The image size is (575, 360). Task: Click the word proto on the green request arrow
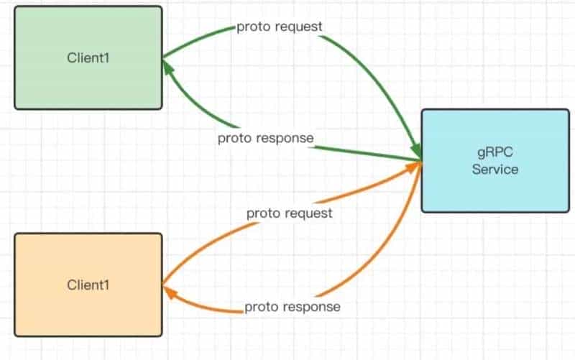click(x=254, y=27)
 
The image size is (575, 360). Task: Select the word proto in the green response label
click(x=235, y=139)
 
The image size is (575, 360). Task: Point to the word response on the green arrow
click(x=285, y=139)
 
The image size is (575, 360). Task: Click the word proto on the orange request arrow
click(x=263, y=213)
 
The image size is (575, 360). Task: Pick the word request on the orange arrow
click(x=309, y=213)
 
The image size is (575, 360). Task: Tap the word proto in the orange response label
click(x=262, y=308)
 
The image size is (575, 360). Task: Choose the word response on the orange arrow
click(x=312, y=308)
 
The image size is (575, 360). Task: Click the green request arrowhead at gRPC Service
click(x=416, y=151)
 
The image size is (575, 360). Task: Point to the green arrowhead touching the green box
click(x=167, y=67)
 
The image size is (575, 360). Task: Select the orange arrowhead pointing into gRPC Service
click(x=413, y=167)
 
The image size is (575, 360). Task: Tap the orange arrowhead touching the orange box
click(x=170, y=292)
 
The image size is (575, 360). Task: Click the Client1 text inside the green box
click(x=88, y=58)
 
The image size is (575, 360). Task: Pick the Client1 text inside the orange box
click(x=88, y=285)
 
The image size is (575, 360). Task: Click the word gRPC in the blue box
click(x=495, y=152)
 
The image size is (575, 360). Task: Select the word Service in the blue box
click(x=495, y=170)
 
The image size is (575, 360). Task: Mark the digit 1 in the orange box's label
click(x=106, y=285)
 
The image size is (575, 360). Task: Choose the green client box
click(x=88, y=57)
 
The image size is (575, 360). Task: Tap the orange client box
click(x=88, y=285)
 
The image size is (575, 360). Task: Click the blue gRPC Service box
click(x=495, y=160)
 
